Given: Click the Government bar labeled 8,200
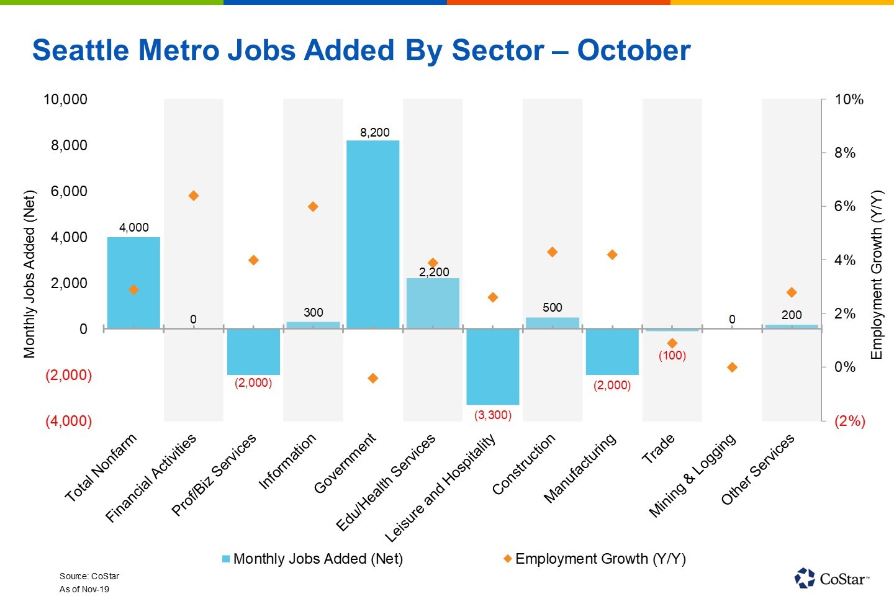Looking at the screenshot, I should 372,235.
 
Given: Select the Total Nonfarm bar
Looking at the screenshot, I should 133,282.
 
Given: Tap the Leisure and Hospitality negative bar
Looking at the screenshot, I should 493,366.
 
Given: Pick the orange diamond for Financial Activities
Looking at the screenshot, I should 193,196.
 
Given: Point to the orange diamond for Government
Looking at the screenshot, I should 373,378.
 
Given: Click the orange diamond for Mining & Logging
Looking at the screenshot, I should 732,368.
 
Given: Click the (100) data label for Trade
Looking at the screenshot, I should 672,356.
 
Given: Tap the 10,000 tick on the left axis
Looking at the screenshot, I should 65,99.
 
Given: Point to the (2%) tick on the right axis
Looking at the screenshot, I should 849,421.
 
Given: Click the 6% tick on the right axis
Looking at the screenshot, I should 844,207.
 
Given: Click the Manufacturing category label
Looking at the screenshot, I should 580,467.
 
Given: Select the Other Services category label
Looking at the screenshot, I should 757,469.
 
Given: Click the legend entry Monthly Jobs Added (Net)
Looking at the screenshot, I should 312,559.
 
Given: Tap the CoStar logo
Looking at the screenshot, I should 831,578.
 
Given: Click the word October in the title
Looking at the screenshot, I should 633,50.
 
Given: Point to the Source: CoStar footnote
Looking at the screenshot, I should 89,576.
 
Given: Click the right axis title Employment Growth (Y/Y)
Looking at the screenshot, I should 876,275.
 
